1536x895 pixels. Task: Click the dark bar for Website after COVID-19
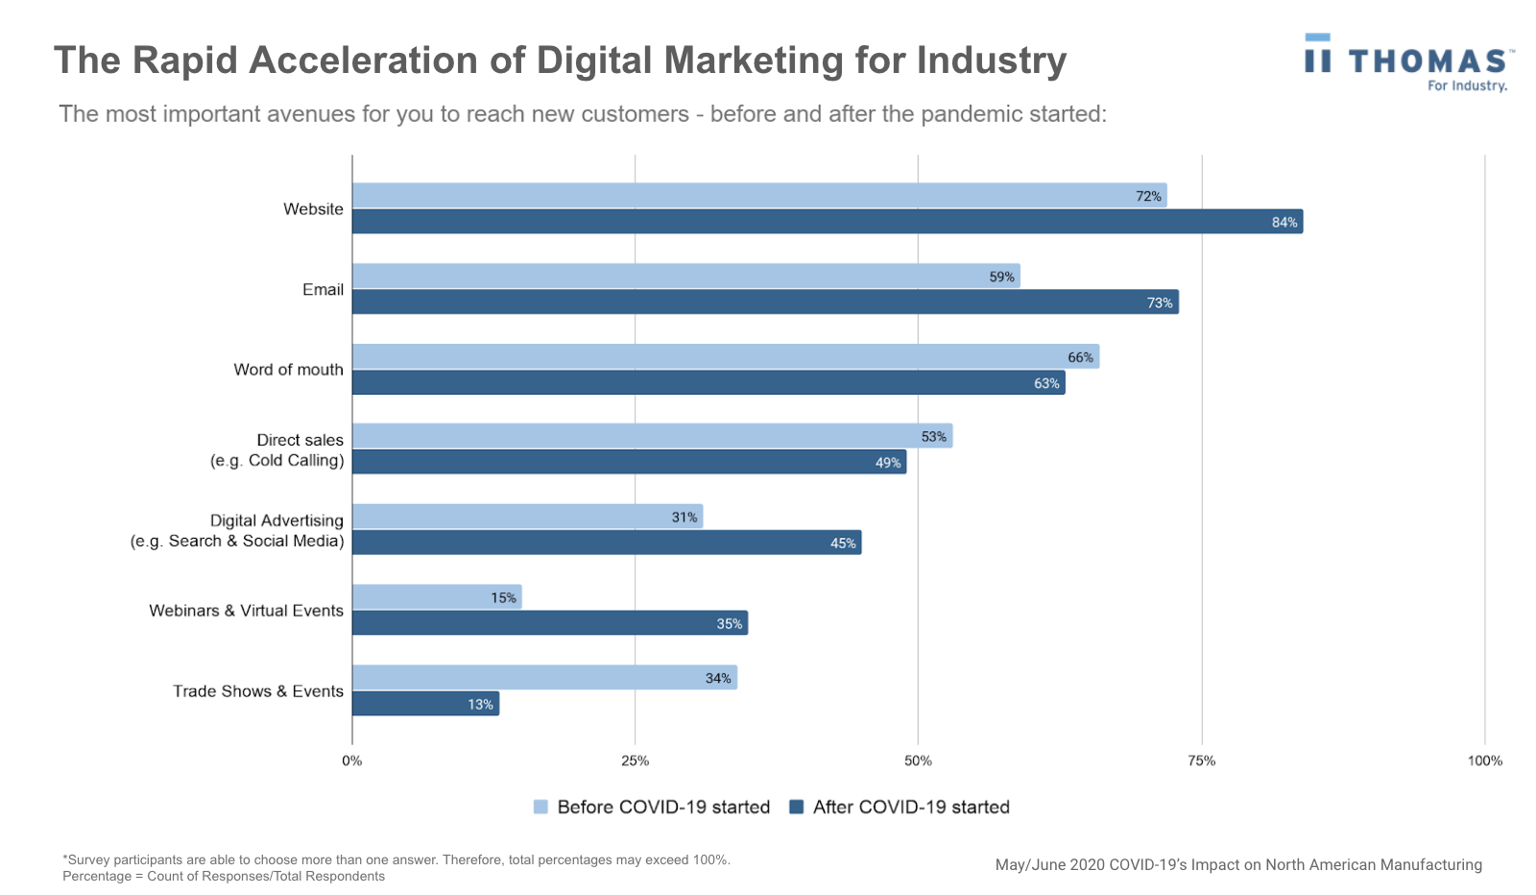point(826,222)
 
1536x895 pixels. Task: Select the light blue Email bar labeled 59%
point(685,277)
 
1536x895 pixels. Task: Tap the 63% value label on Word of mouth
point(1046,383)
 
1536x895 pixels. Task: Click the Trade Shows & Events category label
point(257,691)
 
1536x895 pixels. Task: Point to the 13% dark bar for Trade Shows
point(425,704)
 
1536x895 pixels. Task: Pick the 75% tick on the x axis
point(1201,761)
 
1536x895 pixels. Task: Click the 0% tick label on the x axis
point(352,761)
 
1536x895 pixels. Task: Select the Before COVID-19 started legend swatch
point(540,807)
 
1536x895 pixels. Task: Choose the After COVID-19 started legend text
point(910,807)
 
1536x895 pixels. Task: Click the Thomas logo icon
point(1318,55)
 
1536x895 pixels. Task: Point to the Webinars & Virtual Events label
point(246,611)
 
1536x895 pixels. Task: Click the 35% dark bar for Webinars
point(549,623)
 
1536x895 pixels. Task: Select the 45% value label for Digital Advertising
point(842,544)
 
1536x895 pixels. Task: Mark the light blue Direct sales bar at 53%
point(652,437)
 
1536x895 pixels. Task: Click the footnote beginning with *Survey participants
point(396,859)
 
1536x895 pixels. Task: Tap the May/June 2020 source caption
point(1237,864)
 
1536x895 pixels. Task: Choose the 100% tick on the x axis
point(1484,761)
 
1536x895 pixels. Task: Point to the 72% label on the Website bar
point(1148,196)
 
